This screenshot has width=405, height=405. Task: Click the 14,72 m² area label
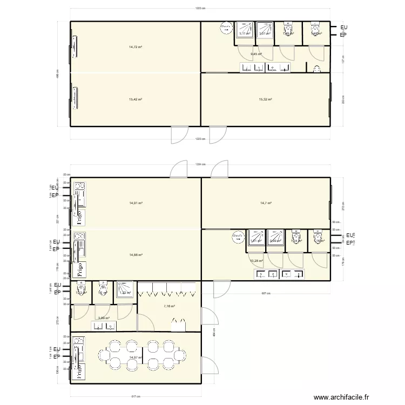pos(135,47)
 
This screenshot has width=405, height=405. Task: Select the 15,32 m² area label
pos(265,99)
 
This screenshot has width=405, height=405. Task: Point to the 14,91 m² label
pos(136,203)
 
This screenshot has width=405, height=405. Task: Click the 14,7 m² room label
pos(266,203)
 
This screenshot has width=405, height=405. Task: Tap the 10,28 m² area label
pos(256,261)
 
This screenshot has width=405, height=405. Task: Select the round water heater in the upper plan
pos(225,28)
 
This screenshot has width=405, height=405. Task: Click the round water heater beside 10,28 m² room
pos(237,237)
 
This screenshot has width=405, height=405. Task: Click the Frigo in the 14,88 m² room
pos(80,268)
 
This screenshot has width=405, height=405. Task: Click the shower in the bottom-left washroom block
pos(125,289)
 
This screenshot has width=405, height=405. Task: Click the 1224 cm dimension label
pos(200,165)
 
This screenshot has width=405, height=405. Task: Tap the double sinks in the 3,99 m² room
pos(100,325)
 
